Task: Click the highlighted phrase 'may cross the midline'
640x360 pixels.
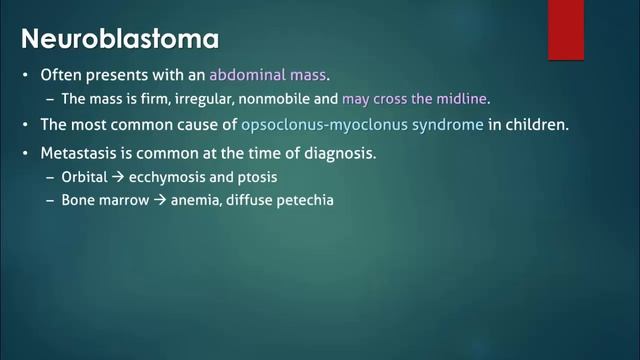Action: [x=417, y=100]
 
